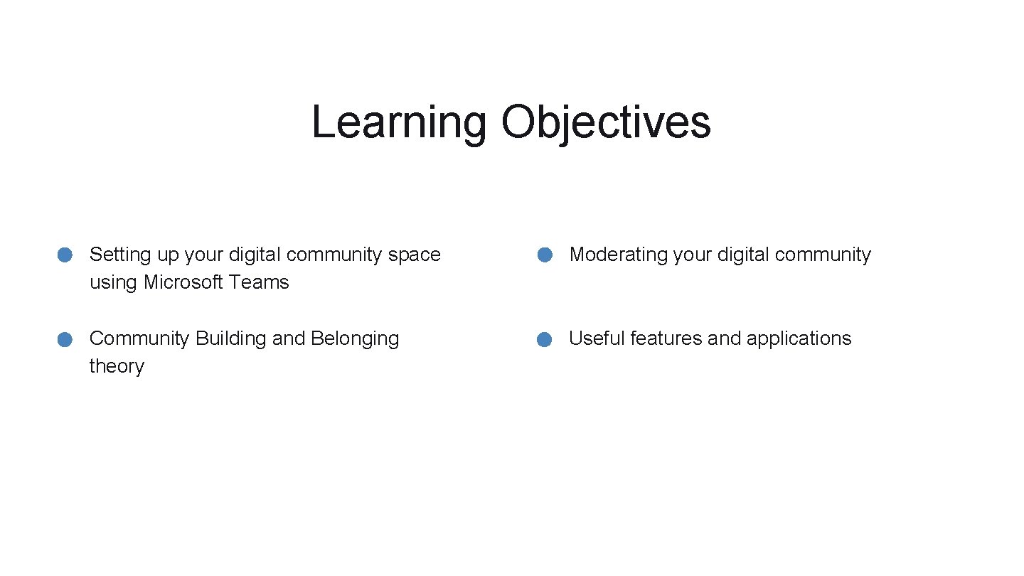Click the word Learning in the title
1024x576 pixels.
398,122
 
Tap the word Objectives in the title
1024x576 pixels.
605,122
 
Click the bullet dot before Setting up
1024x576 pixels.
65,255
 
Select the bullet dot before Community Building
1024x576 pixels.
65,339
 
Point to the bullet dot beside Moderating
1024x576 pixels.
545,255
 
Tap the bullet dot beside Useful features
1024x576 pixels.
545,339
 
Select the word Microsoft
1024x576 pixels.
184,282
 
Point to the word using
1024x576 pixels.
114,282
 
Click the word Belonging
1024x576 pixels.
355,338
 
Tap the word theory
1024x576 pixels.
117,366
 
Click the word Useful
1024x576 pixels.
597,338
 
